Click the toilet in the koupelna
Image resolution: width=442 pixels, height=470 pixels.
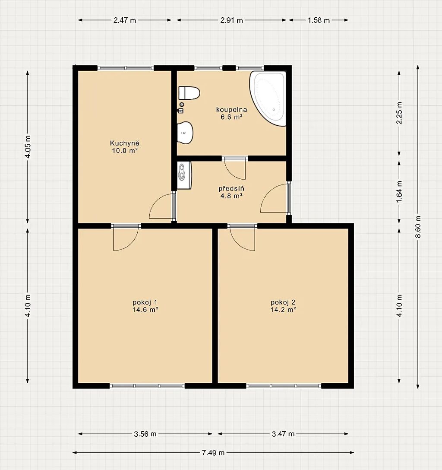[x=189, y=93]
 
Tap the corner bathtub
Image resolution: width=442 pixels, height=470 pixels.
[x=268, y=98]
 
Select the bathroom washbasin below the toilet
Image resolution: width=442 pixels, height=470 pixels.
[x=185, y=133]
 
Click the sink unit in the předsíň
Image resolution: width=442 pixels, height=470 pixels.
[x=184, y=175]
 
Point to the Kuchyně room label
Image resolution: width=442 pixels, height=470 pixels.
[x=125, y=143]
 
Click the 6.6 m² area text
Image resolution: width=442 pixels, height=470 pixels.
[x=231, y=117]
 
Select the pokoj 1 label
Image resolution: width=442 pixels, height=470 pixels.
[x=145, y=302]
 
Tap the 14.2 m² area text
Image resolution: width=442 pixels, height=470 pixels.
[x=283, y=310]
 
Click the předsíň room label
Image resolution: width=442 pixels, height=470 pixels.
[x=231, y=188]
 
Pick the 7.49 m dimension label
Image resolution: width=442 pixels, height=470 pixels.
[x=213, y=453]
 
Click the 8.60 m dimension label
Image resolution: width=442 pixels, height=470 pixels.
[x=418, y=227]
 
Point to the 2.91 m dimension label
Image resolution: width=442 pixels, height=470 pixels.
[x=231, y=20]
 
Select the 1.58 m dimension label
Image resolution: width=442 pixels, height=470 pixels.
[x=319, y=20]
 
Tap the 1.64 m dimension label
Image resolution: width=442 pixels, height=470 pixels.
[x=399, y=191]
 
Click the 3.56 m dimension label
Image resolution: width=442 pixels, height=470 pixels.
[x=145, y=434]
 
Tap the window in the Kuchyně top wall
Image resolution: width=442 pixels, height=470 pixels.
[x=126, y=68]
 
